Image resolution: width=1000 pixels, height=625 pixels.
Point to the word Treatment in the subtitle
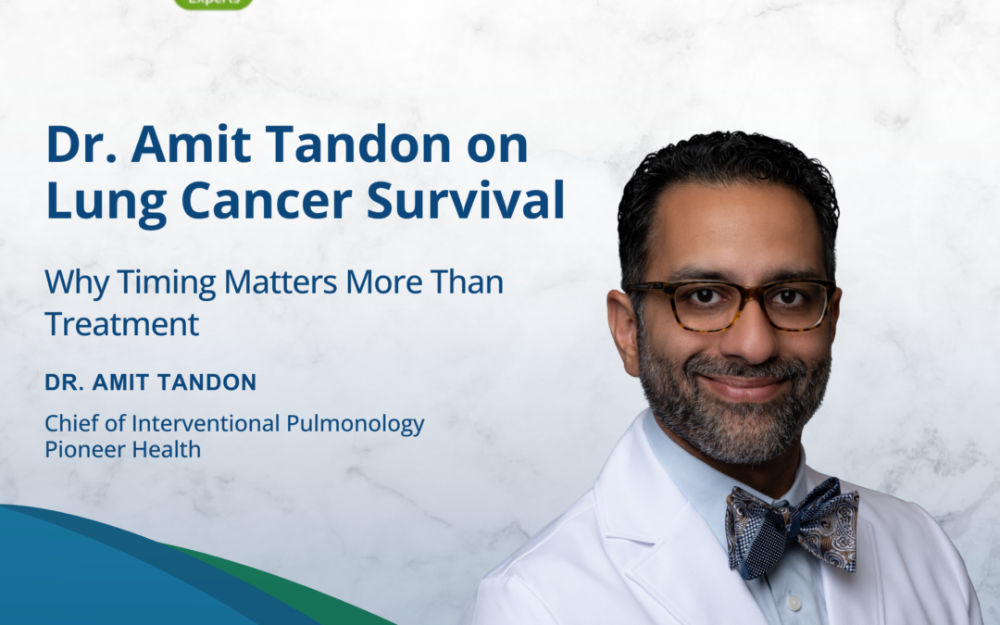point(122,323)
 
